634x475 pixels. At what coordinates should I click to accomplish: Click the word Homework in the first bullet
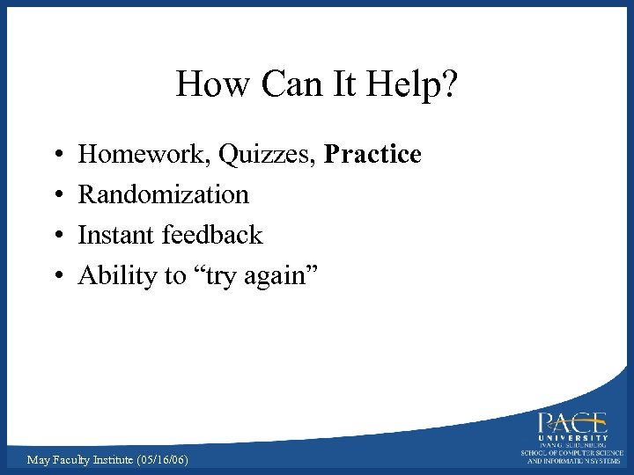(144, 155)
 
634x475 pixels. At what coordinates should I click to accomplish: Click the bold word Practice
(373, 155)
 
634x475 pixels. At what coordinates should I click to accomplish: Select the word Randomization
(164, 194)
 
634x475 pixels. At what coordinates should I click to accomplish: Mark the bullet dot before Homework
(55, 156)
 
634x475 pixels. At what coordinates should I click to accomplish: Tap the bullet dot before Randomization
(55, 195)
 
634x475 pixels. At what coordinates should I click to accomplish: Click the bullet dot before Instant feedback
(55, 236)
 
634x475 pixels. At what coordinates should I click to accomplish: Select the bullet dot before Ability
(55, 276)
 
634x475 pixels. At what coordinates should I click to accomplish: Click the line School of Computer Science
(572, 453)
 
